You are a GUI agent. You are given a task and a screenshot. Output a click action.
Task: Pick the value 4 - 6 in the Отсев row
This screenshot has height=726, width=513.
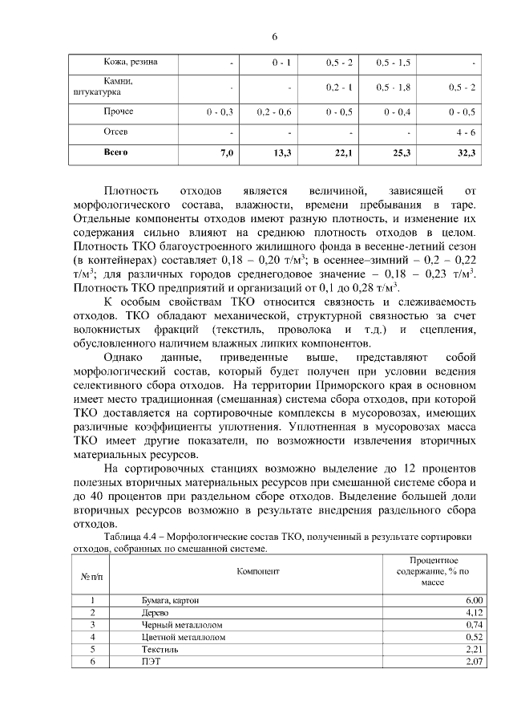pyautogui.click(x=466, y=132)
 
